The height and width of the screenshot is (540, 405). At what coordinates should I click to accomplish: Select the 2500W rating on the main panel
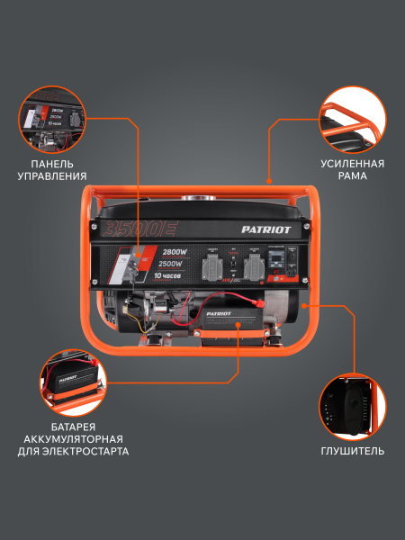coord(171,263)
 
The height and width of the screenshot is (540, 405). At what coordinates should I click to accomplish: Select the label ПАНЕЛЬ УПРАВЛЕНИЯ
coord(58,170)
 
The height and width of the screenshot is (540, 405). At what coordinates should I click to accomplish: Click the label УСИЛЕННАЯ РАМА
coord(352,170)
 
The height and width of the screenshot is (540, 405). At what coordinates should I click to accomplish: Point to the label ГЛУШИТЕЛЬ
coord(352,451)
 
